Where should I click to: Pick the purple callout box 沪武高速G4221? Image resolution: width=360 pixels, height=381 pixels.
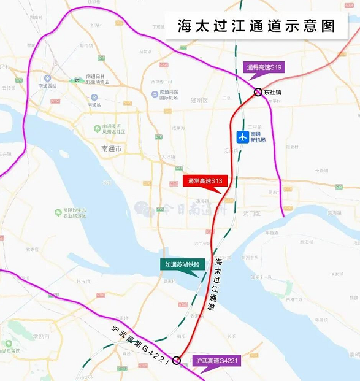click(x=216, y=361)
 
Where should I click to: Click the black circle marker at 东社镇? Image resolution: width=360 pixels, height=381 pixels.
click(x=258, y=92)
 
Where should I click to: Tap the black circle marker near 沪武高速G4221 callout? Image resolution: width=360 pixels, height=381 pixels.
click(x=177, y=360)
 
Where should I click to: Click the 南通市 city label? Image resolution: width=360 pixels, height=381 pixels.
click(x=111, y=148)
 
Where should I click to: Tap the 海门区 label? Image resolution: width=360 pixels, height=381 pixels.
click(x=251, y=214)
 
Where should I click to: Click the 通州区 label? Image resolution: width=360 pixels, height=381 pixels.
click(x=200, y=101)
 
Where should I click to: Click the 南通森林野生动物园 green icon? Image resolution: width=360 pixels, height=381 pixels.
click(x=77, y=80)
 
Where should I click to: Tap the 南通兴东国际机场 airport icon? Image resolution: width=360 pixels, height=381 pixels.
click(x=155, y=94)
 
